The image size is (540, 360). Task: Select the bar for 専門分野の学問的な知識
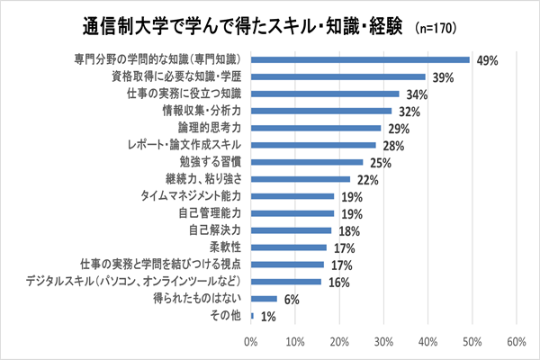(x=360, y=60)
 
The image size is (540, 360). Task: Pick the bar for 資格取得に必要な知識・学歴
(x=337, y=77)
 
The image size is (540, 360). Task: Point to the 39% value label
(x=443, y=78)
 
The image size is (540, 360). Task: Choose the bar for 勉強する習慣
(x=307, y=162)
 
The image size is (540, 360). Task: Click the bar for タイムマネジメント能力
(x=292, y=196)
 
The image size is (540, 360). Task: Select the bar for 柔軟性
(x=289, y=247)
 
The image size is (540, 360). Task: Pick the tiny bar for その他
(x=253, y=315)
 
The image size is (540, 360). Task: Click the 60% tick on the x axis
(x=516, y=342)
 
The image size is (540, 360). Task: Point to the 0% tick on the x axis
(x=251, y=342)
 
